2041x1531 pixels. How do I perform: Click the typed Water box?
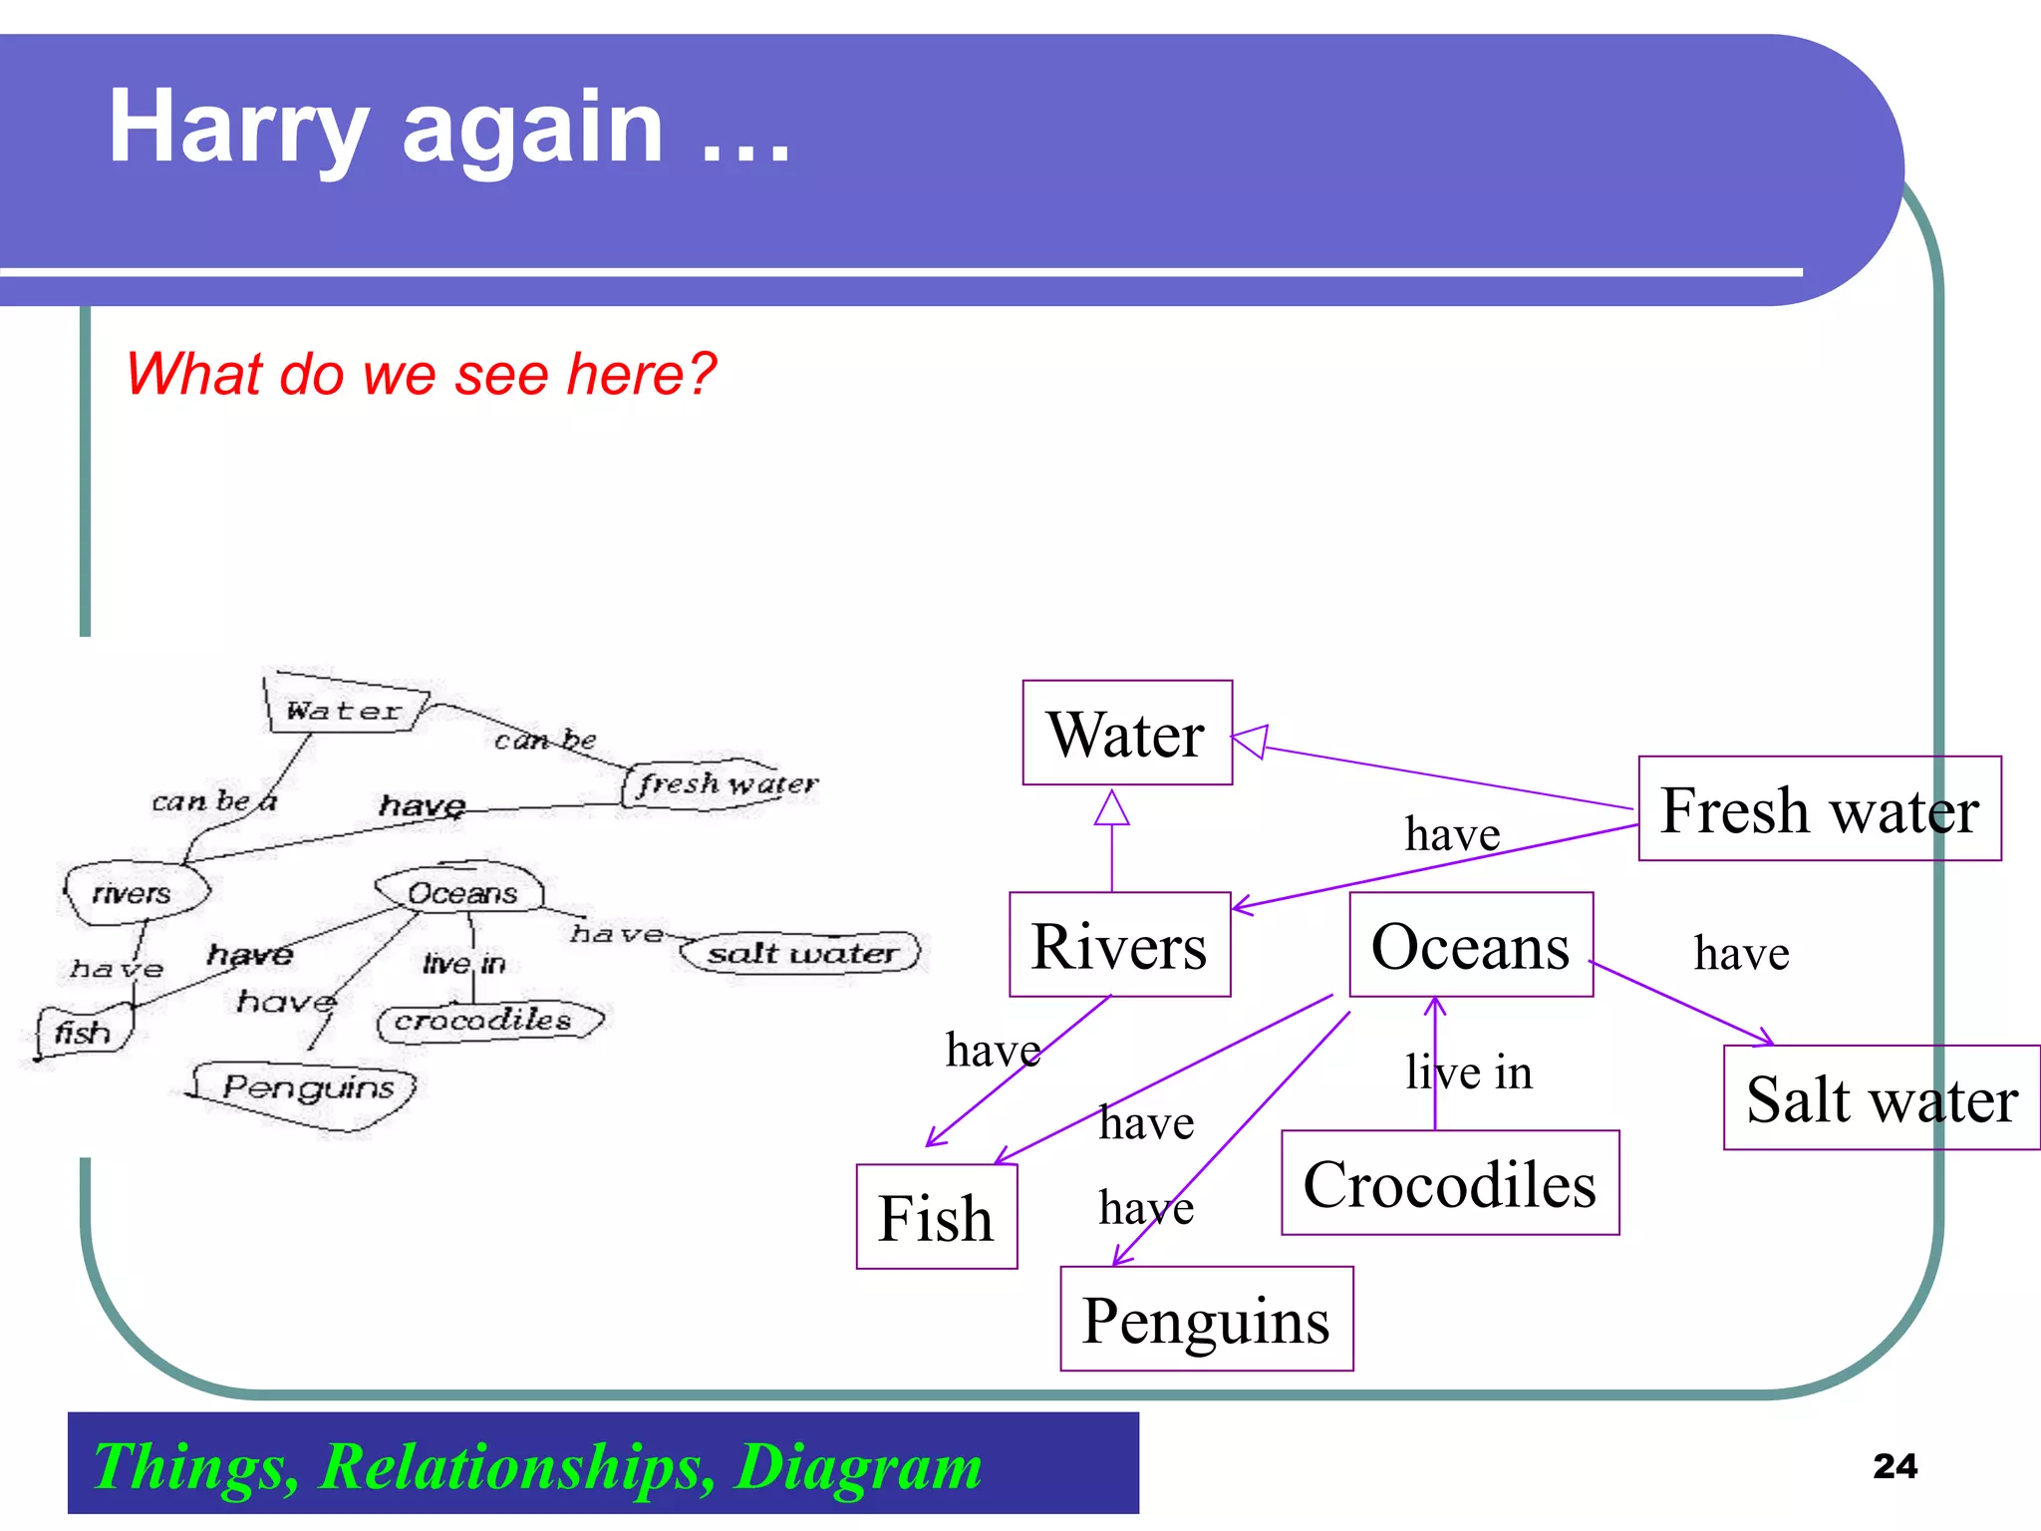(x=1126, y=734)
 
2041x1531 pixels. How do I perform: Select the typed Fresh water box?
(x=1819, y=808)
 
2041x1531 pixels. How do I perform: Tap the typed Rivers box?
(x=1119, y=945)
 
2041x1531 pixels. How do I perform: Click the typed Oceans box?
(x=1470, y=945)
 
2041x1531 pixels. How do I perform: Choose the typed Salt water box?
(x=1881, y=1098)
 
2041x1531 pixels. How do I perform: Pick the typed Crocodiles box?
(x=1449, y=1183)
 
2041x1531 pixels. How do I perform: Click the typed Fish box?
(x=936, y=1217)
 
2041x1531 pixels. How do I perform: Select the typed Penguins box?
(x=1206, y=1320)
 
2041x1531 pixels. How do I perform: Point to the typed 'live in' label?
(x=1468, y=1072)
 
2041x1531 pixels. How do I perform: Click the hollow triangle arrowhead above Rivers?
(x=1111, y=808)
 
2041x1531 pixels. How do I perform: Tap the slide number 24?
(x=1895, y=1466)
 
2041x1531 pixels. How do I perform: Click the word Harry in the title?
(x=237, y=128)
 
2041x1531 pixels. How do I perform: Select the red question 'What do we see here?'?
(x=421, y=374)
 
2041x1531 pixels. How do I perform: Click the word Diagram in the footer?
(x=858, y=1466)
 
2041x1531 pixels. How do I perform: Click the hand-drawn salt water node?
(x=800, y=953)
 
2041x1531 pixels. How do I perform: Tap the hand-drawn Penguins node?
(x=307, y=1088)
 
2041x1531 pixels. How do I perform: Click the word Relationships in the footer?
(x=516, y=1466)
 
